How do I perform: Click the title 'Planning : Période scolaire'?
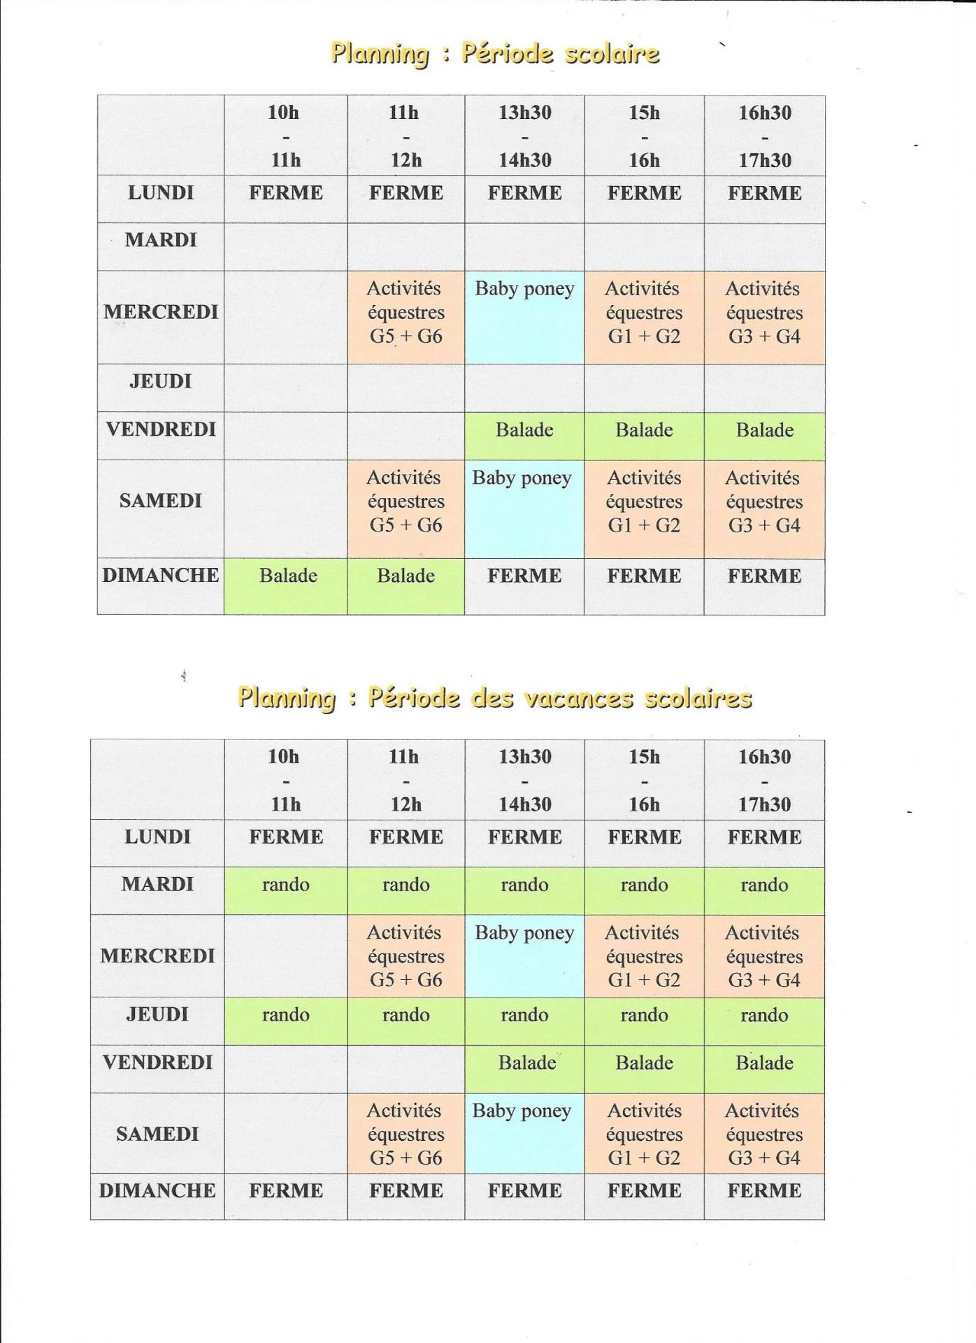(494, 54)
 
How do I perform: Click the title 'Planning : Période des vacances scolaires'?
(494, 697)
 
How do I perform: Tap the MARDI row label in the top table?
(161, 241)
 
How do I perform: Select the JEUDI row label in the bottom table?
(157, 1015)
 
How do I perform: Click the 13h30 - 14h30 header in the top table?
(524, 136)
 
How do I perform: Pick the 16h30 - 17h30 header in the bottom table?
(764, 780)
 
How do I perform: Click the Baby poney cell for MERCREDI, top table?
(524, 316)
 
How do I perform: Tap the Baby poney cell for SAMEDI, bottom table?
(523, 1133)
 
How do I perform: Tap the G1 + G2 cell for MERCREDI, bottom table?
(644, 956)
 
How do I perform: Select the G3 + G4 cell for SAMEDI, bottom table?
(764, 1134)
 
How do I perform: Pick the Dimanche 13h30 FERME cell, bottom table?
(524, 1191)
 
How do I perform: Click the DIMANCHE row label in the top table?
(161, 576)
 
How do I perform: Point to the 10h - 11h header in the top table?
(285, 136)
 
